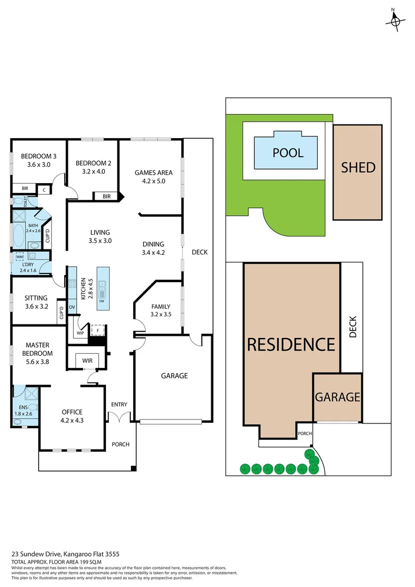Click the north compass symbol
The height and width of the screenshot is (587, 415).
coord(395,20)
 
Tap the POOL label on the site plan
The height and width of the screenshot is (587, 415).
coord(287,153)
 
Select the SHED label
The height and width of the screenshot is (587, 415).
coord(358,167)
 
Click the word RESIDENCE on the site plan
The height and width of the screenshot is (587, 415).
coord(291,344)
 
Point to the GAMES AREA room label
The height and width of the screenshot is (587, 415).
coord(149,173)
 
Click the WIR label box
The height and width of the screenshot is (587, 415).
coord(87,360)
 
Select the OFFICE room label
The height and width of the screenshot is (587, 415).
coord(72,411)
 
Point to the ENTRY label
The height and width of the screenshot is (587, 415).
coord(119,404)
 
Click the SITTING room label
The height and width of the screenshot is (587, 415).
coord(36,298)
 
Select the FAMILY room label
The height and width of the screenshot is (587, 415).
coord(161,306)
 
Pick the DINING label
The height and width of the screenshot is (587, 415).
coord(153,244)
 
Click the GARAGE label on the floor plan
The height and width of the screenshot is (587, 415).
coord(174,376)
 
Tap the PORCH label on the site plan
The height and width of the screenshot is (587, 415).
coord(305,434)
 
